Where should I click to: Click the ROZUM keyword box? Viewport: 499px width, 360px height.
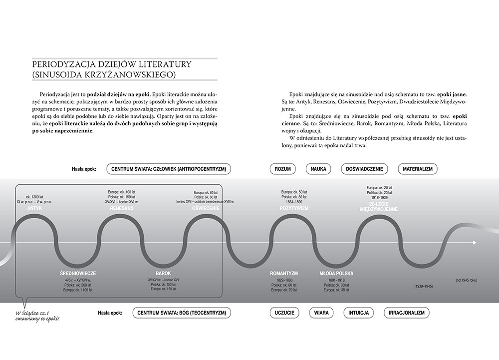[x=283, y=169]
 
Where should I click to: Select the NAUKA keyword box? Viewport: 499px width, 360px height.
[x=318, y=169]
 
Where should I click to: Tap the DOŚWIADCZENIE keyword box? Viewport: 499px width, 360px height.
[x=364, y=169]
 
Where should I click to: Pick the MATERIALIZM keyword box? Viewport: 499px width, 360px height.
[x=417, y=169]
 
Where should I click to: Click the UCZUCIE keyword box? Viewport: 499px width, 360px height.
[x=284, y=313]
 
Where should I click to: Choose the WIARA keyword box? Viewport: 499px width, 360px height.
[x=321, y=313]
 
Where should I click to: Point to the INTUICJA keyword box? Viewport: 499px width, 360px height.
[x=356, y=313]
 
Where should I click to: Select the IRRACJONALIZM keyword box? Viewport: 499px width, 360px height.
[x=407, y=313]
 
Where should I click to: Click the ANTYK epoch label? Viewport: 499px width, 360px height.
[x=34, y=208]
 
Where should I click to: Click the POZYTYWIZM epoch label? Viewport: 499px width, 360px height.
[x=294, y=208]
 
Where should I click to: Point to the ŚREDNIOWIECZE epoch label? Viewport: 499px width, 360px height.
[x=78, y=274]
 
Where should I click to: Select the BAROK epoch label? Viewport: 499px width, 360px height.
[x=163, y=274]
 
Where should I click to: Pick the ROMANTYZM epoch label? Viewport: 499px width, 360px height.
[x=284, y=274]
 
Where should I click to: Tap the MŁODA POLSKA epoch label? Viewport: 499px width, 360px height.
[x=336, y=274]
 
